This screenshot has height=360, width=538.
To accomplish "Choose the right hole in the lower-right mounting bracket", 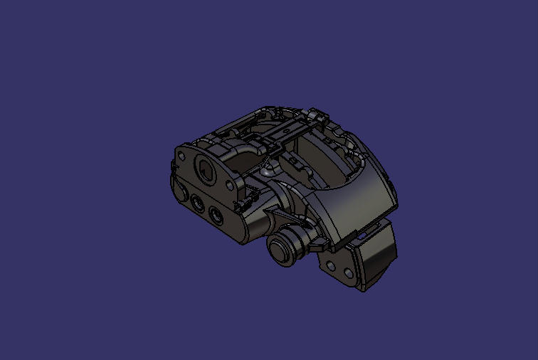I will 348,273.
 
